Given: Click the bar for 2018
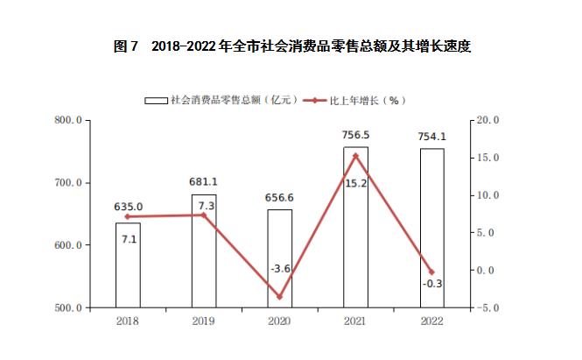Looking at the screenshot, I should [x=128, y=265].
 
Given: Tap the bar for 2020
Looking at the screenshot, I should [x=280, y=258].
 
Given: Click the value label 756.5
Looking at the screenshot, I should [x=356, y=136].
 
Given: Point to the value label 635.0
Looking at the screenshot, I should [x=129, y=208].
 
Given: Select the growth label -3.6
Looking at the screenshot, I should [x=280, y=268].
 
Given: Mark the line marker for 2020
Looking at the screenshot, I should [x=280, y=297].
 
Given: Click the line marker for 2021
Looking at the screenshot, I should [x=355, y=156].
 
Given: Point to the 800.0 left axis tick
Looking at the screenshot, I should [x=69, y=120].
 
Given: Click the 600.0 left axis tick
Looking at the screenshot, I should [x=69, y=245].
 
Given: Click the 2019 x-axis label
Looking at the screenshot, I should [x=204, y=322].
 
